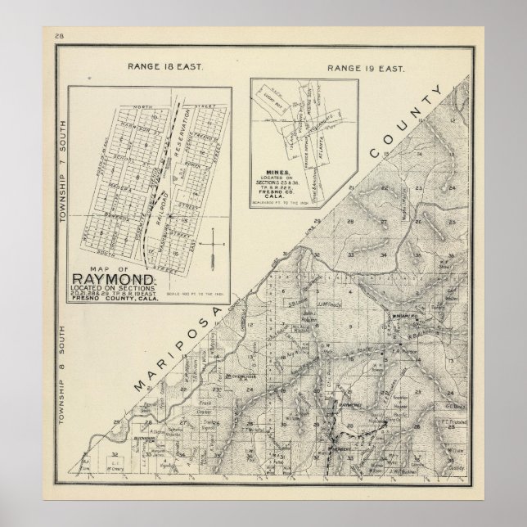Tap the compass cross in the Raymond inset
(214, 245)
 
